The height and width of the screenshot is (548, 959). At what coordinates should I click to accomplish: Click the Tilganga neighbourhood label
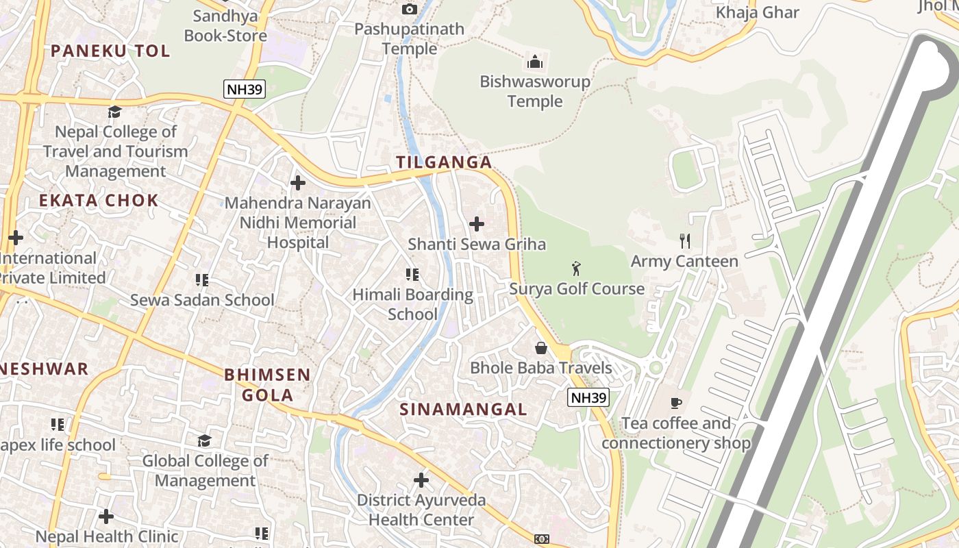click(x=444, y=162)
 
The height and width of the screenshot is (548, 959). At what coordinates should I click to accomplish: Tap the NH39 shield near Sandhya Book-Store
click(x=244, y=88)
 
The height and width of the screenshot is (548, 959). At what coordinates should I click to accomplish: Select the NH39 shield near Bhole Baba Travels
click(x=588, y=397)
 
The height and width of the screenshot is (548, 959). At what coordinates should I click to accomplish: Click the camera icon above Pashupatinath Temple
click(x=410, y=9)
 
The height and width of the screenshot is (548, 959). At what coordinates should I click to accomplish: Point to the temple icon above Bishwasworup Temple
click(x=535, y=62)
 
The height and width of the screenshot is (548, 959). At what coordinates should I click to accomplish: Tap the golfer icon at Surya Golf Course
click(x=576, y=268)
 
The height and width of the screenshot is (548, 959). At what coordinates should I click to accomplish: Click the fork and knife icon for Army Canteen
click(x=684, y=240)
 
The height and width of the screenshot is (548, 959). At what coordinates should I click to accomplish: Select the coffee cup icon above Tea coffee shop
click(x=676, y=403)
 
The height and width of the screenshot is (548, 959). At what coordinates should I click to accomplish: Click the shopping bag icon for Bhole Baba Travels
click(x=541, y=348)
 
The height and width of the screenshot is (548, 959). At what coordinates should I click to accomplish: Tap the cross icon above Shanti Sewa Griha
click(x=477, y=224)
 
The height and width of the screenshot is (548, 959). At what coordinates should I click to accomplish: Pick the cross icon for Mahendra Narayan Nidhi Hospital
click(x=298, y=183)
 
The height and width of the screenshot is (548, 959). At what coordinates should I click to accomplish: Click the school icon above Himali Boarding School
click(x=412, y=275)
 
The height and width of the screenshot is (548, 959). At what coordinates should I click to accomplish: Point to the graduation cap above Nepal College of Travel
click(x=115, y=112)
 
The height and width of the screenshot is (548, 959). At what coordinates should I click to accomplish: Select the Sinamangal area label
click(x=464, y=410)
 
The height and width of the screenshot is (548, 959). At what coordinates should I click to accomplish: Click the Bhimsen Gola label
click(x=268, y=385)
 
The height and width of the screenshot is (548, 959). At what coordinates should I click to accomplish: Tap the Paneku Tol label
click(x=110, y=51)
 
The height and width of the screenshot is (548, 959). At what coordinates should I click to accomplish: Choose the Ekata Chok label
click(x=99, y=201)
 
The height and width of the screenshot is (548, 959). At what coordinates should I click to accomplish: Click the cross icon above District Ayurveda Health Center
click(x=421, y=480)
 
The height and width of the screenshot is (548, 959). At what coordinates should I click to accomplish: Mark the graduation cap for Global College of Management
click(x=204, y=440)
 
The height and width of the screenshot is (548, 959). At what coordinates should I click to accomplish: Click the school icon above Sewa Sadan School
click(x=202, y=279)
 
